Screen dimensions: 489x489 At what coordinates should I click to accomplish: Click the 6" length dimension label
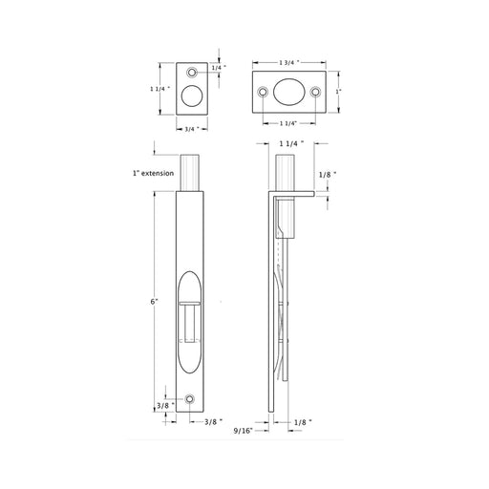tap(155, 301)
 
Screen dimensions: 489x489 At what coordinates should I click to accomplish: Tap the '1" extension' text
tap(153, 173)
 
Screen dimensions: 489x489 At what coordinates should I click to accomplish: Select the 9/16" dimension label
tap(244, 431)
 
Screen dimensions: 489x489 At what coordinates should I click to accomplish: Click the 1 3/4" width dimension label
tap(289, 63)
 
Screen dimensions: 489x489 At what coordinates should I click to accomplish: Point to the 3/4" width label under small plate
tap(192, 129)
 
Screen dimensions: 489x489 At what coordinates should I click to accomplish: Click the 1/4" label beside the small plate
tap(219, 68)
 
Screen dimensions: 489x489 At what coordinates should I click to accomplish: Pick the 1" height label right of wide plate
tap(339, 92)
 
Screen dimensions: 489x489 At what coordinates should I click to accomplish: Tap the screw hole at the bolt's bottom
tap(190, 399)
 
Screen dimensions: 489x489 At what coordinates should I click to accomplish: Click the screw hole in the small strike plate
tap(192, 73)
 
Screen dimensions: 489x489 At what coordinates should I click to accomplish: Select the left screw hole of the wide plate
tap(263, 92)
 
